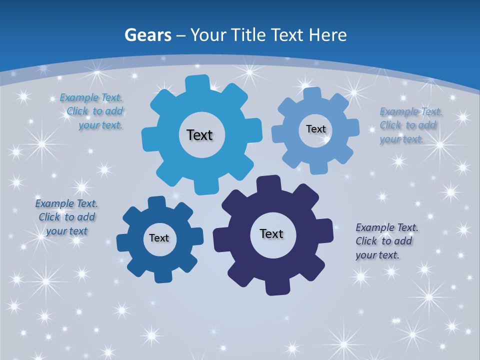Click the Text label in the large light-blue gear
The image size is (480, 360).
tap(199, 135)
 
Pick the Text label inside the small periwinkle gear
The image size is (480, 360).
tap(315, 129)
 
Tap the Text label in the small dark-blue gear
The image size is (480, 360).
tap(158, 238)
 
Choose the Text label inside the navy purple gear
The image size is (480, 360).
tap(271, 233)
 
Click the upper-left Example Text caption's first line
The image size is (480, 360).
tap(91, 97)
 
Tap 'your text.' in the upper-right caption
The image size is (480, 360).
tap(401, 139)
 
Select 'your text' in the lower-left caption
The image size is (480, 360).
tap(66, 231)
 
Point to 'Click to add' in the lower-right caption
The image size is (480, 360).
tap(383, 241)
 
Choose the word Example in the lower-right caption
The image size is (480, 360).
tap(375, 227)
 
